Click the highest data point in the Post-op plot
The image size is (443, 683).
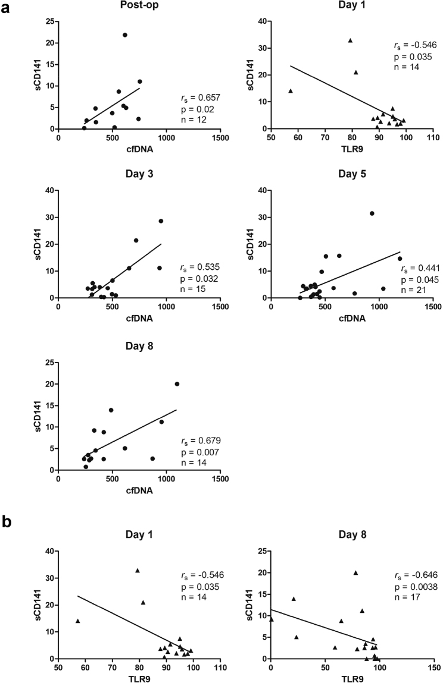pyautogui.click(x=125, y=35)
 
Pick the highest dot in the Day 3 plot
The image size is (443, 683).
pyautogui.click(x=161, y=221)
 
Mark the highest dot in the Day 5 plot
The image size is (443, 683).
pyautogui.click(x=372, y=213)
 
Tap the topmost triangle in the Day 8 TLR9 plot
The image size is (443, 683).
pyautogui.click(x=355, y=573)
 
